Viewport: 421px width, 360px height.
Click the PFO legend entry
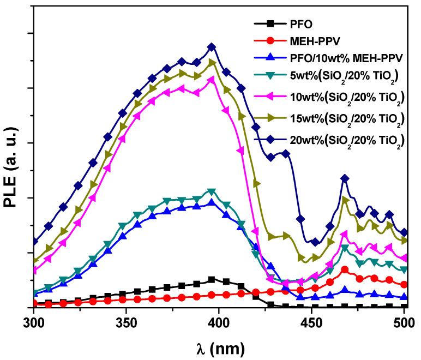pyautogui.click(x=303, y=23)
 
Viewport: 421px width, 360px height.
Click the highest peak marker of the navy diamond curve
pyautogui.click(x=212, y=47)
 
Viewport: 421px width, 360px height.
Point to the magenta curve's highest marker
pyautogui.click(x=212, y=80)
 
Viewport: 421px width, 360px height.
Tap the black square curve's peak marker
pyautogui.click(x=212, y=280)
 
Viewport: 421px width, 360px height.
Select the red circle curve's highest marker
pyautogui.click(x=345, y=269)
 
